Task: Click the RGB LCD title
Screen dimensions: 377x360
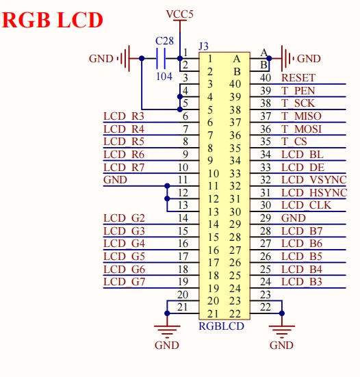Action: click(53, 20)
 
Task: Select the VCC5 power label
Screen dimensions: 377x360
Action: click(180, 14)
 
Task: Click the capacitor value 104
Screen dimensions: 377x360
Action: click(164, 76)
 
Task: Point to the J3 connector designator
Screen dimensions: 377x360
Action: click(203, 46)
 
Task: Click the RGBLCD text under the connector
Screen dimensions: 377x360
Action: click(221, 326)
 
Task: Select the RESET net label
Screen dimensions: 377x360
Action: click(298, 78)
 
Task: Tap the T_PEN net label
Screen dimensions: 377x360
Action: click(298, 90)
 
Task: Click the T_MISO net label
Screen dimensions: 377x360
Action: click(301, 116)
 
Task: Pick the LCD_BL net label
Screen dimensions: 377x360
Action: click(303, 155)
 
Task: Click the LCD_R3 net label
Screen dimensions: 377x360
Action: click(124, 116)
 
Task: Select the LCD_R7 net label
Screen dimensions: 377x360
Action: click(124, 167)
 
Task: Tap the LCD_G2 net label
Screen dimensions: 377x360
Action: click(124, 218)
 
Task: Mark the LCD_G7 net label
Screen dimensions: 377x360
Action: click(124, 282)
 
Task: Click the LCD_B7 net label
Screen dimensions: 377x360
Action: click(302, 231)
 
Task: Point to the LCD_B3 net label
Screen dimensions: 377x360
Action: click(302, 282)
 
